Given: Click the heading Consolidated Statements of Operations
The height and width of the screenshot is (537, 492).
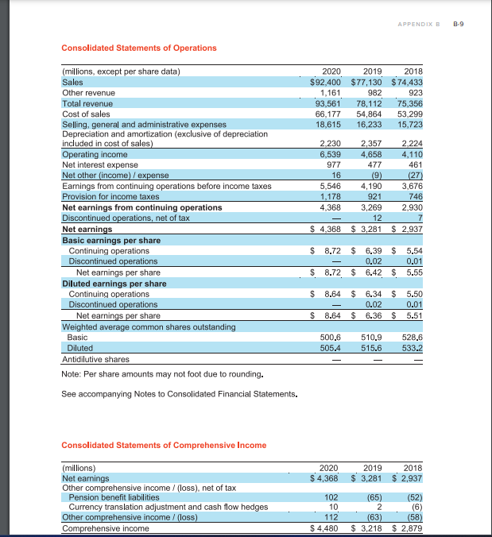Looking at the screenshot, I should coord(138,48).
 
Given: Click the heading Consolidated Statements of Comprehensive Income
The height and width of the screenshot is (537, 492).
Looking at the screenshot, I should coord(164,444).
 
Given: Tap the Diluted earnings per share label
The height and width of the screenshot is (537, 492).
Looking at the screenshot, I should coord(114,283).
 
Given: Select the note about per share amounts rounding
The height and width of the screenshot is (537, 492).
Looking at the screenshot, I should coord(163,374).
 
